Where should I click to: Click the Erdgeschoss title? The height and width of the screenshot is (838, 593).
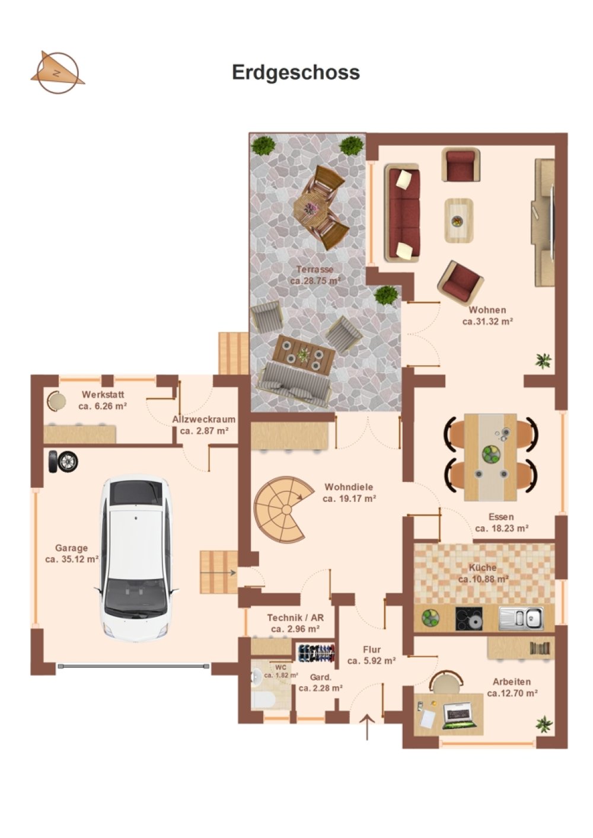tap(296, 72)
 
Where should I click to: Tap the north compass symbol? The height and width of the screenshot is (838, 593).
tap(58, 72)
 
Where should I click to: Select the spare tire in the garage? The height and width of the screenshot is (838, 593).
tap(63, 461)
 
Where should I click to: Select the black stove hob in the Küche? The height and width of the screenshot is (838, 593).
tap(468, 619)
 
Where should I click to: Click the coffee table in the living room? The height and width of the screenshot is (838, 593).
tap(458, 220)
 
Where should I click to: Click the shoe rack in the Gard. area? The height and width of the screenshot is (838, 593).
tap(316, 653)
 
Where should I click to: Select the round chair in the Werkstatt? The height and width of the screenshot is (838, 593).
tap(56, 401)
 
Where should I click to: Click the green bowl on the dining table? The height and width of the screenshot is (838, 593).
tap(491, 453)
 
